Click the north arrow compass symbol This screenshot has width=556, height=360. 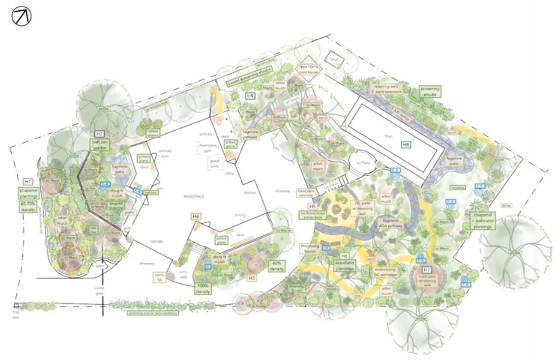(21, 17)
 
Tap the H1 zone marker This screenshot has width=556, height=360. (28, 181)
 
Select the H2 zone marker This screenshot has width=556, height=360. (100, 133)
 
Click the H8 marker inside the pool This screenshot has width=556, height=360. (405, 145)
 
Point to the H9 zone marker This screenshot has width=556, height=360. (250, 97)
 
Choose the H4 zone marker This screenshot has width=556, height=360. (196, 216)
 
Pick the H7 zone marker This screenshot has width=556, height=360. (427, 270)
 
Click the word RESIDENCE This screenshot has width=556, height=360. (194, 197)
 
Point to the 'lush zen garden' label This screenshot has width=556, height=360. (101, 146)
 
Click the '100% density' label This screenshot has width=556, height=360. (203, 288)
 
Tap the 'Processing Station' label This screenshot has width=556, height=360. (310, 249)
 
